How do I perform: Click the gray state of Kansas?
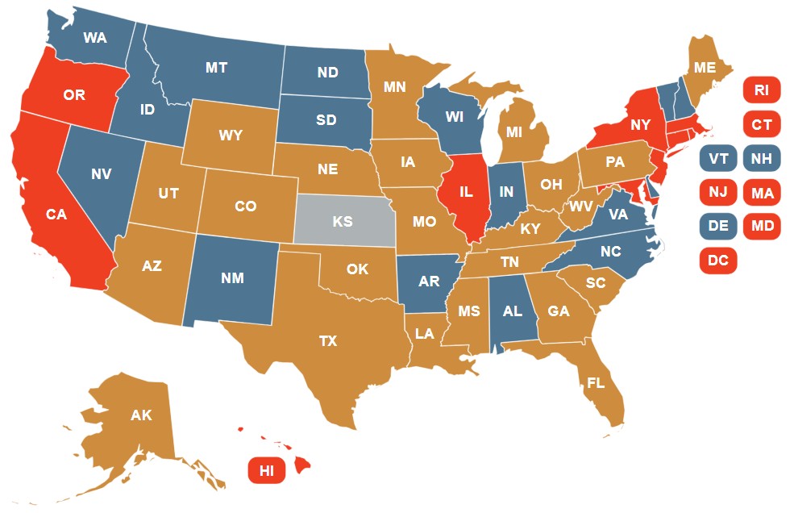343,220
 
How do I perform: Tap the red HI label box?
267,470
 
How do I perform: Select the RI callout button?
762,90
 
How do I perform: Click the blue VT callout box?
717,159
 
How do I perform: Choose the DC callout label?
717,260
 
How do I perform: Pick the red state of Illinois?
465,194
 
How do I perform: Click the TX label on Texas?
327,341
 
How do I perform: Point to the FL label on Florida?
596,383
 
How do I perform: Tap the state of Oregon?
74,95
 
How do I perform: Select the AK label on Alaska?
141,416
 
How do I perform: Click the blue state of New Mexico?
232,278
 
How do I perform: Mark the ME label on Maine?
705,68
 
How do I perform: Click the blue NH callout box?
762,159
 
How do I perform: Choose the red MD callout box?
762,227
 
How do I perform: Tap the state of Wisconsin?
454,118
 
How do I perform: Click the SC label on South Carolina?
596,283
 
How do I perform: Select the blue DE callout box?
717,227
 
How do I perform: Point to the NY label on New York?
640,124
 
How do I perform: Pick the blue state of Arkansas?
428,282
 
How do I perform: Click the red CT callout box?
762,124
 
